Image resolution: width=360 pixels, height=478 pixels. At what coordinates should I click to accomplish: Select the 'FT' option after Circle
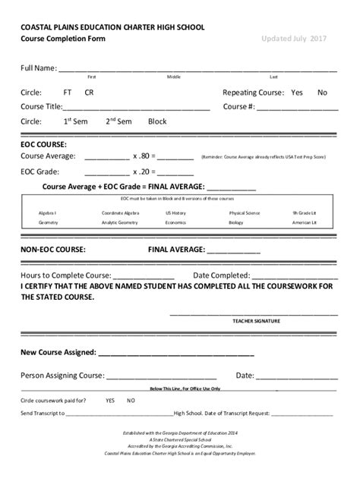point(68,93)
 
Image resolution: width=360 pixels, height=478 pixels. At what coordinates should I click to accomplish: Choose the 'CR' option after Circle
point(90,93)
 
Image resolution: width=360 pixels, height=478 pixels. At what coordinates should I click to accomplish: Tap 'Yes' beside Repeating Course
point(296,93)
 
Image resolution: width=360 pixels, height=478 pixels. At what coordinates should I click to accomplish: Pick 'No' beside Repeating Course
point(322,93)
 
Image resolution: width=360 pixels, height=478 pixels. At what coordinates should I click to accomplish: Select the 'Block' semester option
point(157,121)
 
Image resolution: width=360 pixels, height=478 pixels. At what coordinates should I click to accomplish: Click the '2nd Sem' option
point(118,121)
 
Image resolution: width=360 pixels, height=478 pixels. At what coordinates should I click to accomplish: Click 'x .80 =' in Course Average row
point(144,156)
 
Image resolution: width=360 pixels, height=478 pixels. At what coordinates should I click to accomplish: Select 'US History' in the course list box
point(175,213)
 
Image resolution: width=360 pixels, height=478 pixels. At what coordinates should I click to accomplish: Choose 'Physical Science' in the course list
point(245,213)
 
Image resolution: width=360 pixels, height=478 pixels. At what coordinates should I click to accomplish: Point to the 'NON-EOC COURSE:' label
point(53,249)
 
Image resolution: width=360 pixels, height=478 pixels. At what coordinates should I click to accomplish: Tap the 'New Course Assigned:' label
point(58,353)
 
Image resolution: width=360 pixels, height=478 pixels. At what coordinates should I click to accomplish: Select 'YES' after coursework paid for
point(110,400)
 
